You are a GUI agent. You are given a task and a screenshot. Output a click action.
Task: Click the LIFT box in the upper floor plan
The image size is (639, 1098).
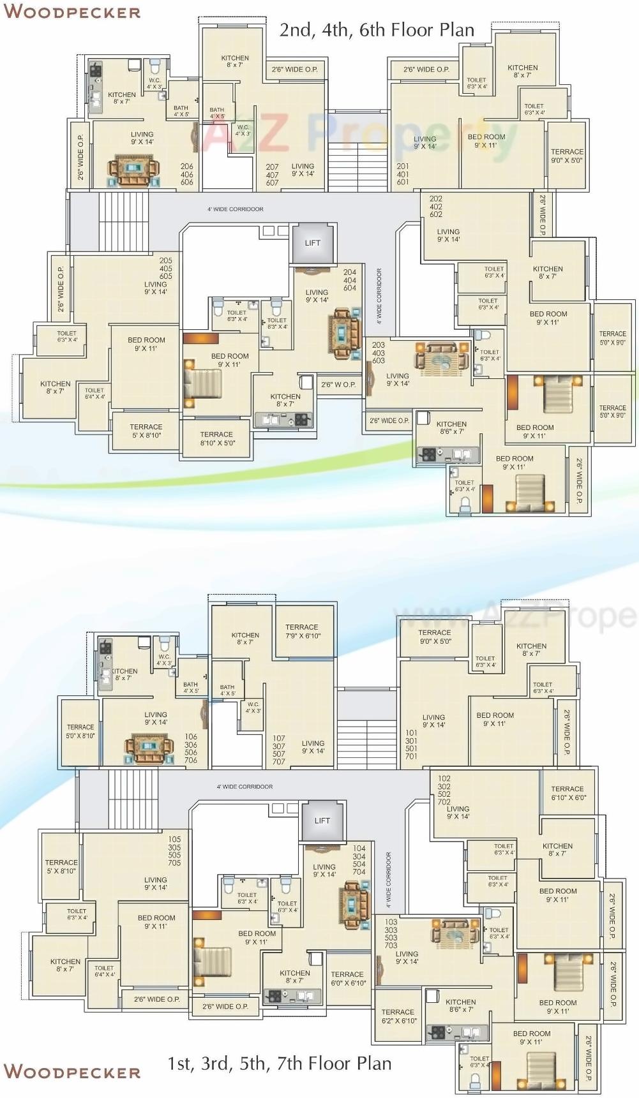click(312, 243)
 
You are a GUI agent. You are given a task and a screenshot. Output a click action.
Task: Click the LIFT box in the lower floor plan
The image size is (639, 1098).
click(322, 820)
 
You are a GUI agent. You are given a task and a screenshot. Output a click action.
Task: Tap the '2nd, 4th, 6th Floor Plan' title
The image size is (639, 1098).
click(377, 30)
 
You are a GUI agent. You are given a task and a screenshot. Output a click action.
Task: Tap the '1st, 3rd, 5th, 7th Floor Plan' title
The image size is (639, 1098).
click(280, 1064)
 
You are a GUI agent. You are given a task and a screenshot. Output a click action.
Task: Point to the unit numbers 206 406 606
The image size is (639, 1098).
click(186, 174)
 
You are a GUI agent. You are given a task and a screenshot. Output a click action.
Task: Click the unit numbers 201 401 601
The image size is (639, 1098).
click(403, 174)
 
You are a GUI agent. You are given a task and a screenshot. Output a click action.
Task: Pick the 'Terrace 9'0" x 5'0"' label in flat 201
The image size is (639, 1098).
click(567, 156)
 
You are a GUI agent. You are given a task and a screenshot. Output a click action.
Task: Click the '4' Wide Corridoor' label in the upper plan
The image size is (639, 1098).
click(235, 209)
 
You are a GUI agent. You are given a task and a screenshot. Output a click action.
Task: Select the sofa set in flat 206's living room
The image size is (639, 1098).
click(133, 170)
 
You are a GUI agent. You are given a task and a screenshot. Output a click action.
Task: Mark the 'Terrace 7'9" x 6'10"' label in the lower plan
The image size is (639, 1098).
click(303, 632)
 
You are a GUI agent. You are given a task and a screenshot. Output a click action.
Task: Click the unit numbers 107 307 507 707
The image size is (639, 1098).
click(279, 750)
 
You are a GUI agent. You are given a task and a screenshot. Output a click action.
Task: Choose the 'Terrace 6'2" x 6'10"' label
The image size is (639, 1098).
click(398, 1016)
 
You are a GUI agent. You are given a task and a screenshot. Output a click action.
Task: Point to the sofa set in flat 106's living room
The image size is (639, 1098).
click(149, 748)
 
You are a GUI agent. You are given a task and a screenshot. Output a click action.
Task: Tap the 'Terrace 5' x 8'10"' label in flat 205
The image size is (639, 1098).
click(146, 431)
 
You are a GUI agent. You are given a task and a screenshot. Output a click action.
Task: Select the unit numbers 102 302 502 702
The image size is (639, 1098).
click(444, 790)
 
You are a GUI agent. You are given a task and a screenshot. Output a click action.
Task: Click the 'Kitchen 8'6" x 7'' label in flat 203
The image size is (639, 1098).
click(451, 427)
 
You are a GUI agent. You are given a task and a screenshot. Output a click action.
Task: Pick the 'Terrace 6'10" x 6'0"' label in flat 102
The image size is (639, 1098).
click(568, 793)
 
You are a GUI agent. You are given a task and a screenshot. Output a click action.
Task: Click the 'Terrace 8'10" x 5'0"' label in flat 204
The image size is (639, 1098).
click(216, 438)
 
